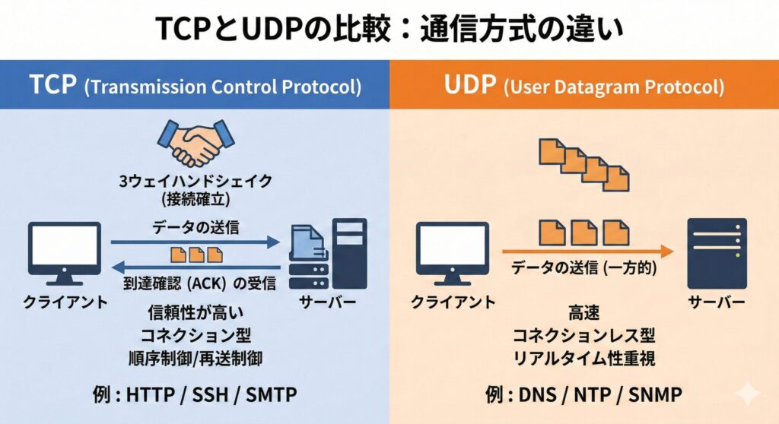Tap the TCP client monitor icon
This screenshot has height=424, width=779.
tap(65, 248)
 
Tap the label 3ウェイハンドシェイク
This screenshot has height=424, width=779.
tap(196, 182)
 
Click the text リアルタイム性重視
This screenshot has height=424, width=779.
tap(584, 357)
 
